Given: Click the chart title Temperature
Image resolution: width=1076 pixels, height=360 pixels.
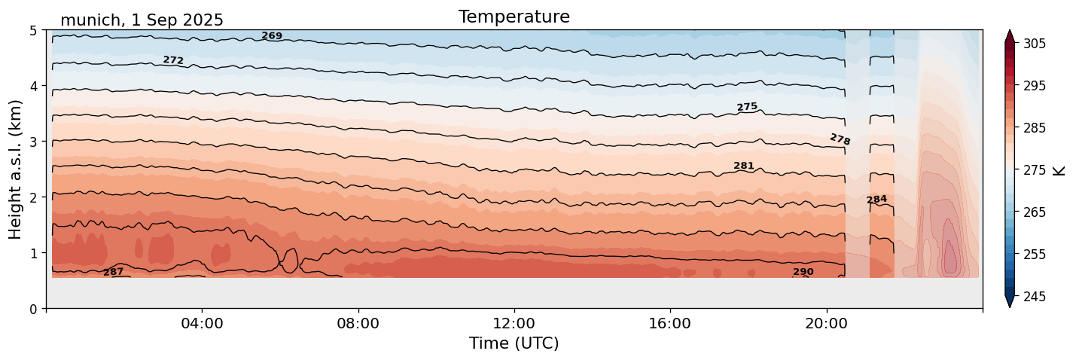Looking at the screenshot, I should click(514, 17).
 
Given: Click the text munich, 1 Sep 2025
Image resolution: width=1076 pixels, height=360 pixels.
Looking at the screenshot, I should click(142, 20).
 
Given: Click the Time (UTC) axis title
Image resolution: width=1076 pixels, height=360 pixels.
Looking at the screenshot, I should click(514, 343).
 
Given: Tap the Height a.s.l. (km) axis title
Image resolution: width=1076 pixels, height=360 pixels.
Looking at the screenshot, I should click(16, 169).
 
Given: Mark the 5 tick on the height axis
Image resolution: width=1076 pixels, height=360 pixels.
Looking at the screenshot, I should click(34, 31).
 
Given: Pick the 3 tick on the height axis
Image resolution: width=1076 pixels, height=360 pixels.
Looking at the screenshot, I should click(34, 142).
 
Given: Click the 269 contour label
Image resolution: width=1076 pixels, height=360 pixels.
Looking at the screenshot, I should click(272, 36).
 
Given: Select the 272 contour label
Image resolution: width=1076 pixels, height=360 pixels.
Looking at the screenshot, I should click(173, 60).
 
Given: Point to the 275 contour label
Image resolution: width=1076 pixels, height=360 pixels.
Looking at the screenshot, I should click(747, 107).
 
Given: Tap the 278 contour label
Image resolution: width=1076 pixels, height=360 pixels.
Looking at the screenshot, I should click(840, 139).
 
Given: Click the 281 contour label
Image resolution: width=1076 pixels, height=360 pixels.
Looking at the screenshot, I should click(744, 166).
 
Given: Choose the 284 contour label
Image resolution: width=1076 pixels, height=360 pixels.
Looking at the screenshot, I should click(876, 200).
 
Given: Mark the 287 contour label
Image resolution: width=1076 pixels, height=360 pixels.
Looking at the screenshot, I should click(113, 272).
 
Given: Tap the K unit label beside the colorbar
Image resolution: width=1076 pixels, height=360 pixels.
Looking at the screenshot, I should click(1059, 170).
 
